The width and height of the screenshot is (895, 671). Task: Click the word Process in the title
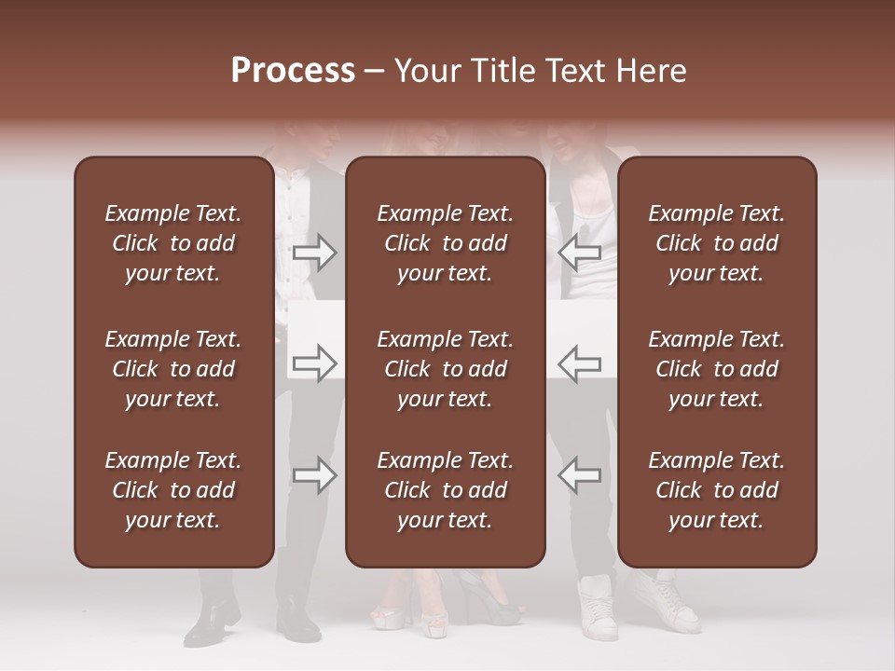click(293, 71)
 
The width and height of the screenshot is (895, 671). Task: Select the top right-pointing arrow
click(315, 253)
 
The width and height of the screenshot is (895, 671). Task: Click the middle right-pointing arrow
click(315, 363)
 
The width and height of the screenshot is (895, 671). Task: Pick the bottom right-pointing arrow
click(315, 475)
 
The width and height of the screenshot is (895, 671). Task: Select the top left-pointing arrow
click(579, 253)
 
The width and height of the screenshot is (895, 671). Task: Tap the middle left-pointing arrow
click(579, 363)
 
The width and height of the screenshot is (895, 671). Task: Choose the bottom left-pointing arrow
click(579, 475)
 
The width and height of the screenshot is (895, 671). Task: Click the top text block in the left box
click(173, 243)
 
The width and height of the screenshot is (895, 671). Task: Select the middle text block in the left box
click(173, 369)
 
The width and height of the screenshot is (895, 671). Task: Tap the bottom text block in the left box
click(173, 490)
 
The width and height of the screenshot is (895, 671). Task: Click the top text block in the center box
click(446, 243)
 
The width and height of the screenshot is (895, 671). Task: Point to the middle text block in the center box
click(446, 369)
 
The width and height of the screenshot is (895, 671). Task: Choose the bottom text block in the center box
click(446, 490)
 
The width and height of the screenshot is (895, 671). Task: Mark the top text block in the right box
click(717, 243)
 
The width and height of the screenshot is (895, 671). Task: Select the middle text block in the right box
click(717, 369)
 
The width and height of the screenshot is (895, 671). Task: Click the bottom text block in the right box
click(717, 490)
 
